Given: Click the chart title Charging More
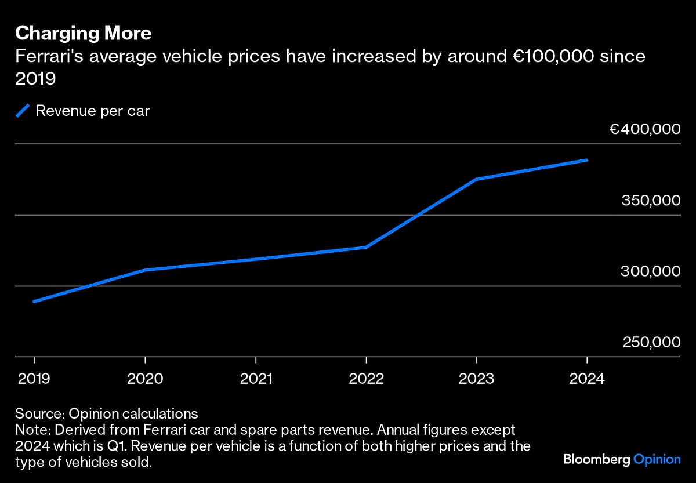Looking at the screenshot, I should pyautogui.click(x=84, y=34).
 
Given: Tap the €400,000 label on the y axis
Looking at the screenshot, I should pyautogui.click(x=644, y=129).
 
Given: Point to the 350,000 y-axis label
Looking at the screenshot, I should pyautogui.click(x=650, y=201).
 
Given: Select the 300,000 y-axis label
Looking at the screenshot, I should pyautogui.click(x=650, y=271).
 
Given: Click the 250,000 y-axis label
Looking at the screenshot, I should pyautogui.click(x=651, y=343).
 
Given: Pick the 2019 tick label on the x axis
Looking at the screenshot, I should pyautogui.click(x=34, y=379).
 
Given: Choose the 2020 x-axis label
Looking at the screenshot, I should pyautogui.click(x=145, y=379).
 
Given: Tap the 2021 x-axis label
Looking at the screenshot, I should pyautogui.click(x=256, y=379).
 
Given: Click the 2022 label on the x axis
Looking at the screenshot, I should pyautogui.click(x=366, y=379).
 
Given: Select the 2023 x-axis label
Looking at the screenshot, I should pyautogui.click(x=477, y=379).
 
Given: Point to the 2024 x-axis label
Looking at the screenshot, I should pyautogui.click(x=587, y=379).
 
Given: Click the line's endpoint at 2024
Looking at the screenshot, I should pyautogui.click(x=587, y=160).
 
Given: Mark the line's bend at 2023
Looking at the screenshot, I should pyautogui.click(x=477, y=179).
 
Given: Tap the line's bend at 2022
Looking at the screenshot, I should pyautogui.click(x=366, y=247).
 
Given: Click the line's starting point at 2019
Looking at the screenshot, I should pyautogui.click(x=34, y=302).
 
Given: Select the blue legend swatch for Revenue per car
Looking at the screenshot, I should pyautogui.click(x=23, y=111).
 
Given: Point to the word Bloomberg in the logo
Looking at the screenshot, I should pyautogui.click(x=596, y=459).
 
